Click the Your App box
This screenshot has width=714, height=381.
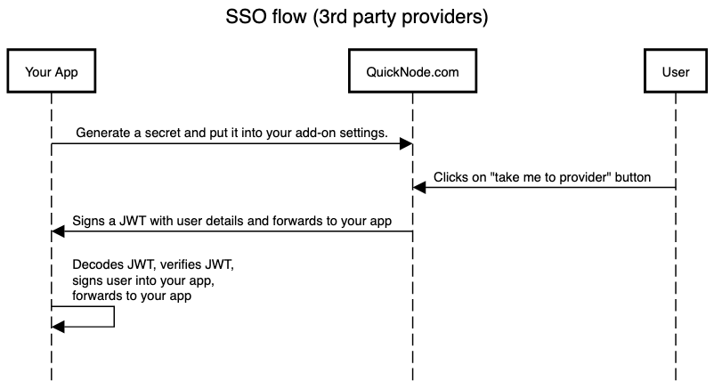coord(52,71)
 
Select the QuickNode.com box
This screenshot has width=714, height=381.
coord(412,71)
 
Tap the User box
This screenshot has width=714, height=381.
coord(676,71)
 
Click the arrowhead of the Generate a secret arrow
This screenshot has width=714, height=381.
coord(406,144)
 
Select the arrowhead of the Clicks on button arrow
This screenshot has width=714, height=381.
coord(419,187)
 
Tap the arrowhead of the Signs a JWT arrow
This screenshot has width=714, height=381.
coord(58,231)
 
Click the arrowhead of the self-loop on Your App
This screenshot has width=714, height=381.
coord(58,327)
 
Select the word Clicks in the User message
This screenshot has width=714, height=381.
coord(449,177)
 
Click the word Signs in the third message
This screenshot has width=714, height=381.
coord(88,221)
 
